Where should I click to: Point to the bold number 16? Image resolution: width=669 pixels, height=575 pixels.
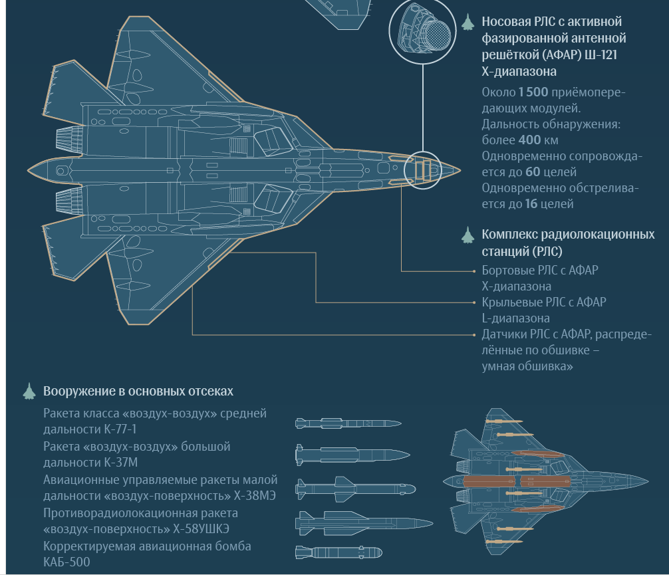tap(531, 204)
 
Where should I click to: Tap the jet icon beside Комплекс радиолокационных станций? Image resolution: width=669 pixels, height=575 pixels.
tap(468, 235)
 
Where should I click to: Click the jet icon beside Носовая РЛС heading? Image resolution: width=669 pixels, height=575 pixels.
tap(468, 23)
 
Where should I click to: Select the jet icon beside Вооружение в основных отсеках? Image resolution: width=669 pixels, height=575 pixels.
tap(29, 392)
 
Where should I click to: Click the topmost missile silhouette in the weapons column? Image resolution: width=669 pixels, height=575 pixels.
tap(348, 423)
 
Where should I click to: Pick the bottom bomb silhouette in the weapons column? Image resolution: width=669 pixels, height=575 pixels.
tap(338, 552)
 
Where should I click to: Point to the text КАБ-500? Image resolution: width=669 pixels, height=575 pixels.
tap(67, 562)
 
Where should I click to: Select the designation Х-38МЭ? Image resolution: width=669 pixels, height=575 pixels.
tap(254, 496)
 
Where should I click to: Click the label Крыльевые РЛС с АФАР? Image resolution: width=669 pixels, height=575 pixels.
tap(544, 302)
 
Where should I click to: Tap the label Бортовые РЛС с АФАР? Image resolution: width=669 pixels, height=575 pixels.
tap(540, 271)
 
